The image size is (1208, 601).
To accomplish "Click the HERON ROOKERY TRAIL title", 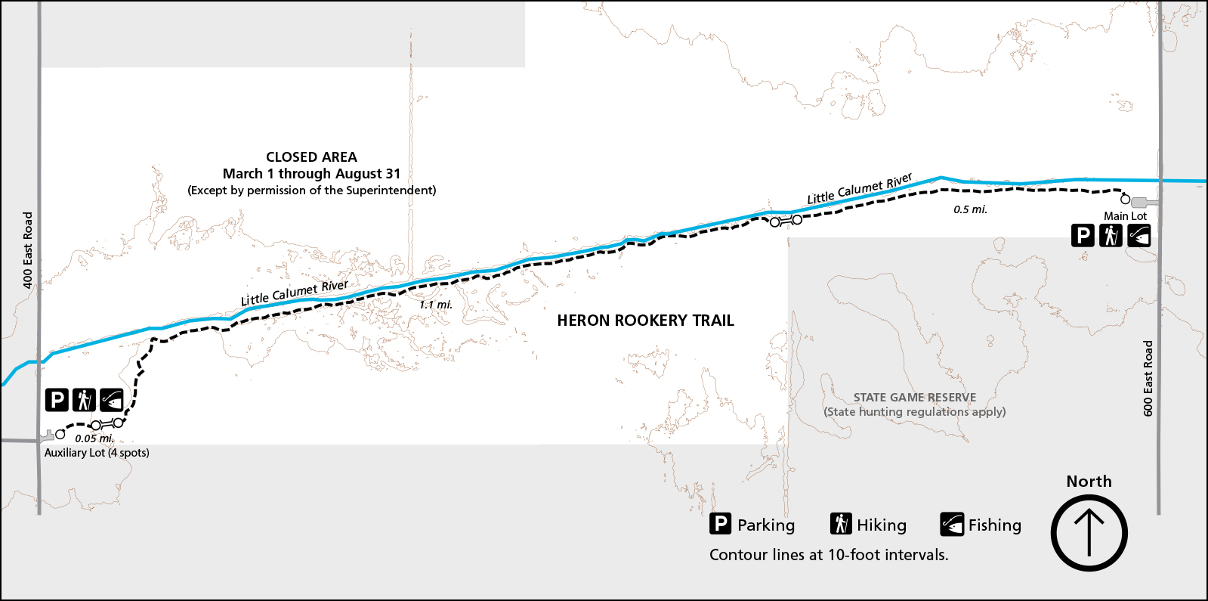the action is [645, 321].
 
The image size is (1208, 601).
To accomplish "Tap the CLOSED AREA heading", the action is [311, 157].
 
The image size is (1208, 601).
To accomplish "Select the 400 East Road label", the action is [28, 249].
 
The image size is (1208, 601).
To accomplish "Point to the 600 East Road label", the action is [1148, 378].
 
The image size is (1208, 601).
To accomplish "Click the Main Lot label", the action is [1125, 216].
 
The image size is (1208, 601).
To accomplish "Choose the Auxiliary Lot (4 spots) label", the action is [97, 453].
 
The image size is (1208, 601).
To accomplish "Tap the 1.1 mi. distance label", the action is [436, 305].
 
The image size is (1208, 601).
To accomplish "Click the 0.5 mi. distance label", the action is [970, 209].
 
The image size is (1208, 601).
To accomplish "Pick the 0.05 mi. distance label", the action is [94, 438].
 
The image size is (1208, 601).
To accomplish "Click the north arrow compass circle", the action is [1089, 533].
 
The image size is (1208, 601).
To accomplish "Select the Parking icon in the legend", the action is [721, 524].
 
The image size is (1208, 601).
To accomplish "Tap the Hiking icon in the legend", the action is [841, 524].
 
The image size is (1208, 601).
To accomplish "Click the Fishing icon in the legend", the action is [952, 524].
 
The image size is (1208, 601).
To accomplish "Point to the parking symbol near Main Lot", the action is [1083, 236].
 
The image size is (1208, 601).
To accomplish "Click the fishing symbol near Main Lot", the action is [1138, 236].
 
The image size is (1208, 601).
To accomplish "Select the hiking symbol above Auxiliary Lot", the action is [84, 399].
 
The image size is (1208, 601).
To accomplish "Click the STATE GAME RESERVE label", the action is [914, 398].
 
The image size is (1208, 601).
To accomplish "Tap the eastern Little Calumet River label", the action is [860, 189].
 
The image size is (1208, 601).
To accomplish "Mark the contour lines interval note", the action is [829, 555].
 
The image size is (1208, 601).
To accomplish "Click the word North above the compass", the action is [1089, 482].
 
